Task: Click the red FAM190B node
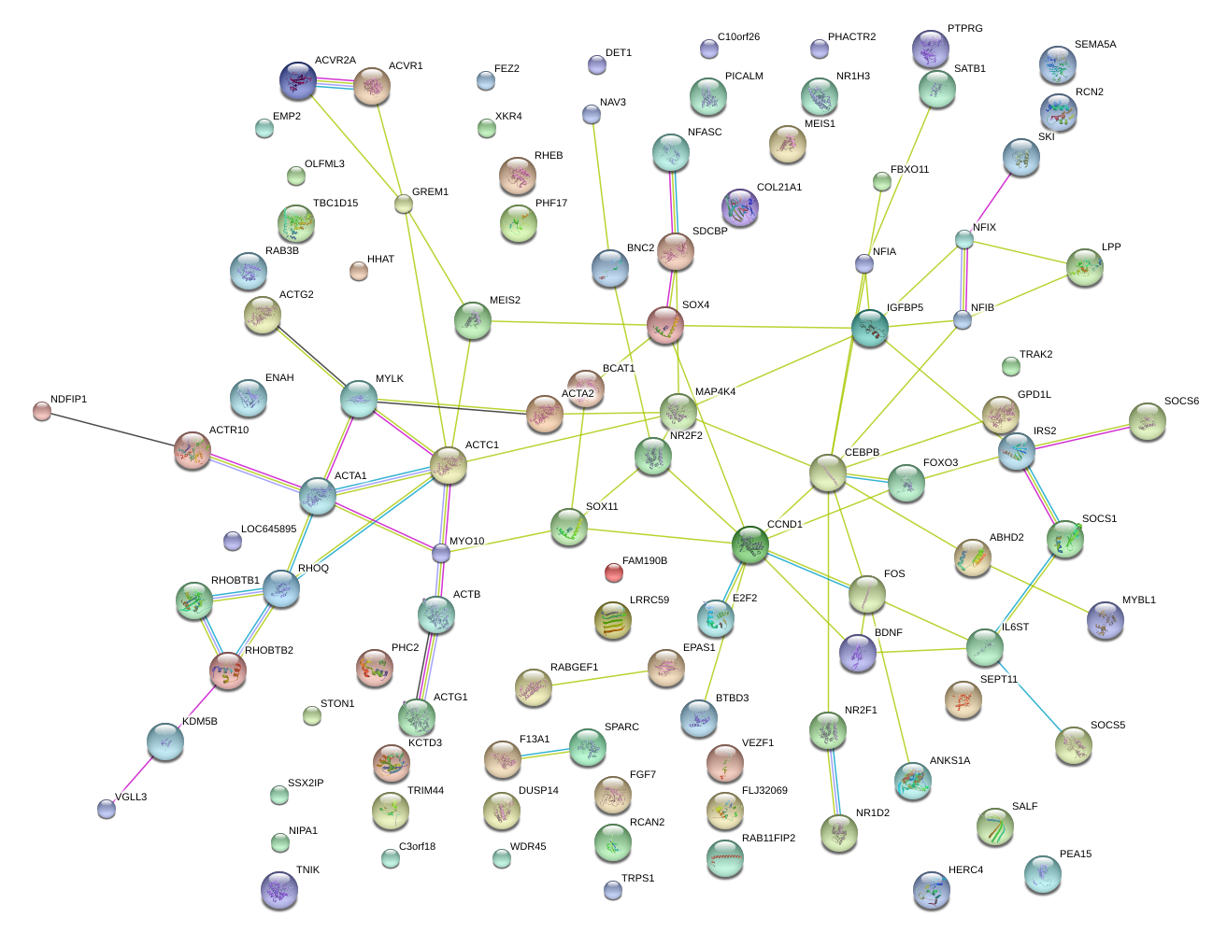coord(613,572)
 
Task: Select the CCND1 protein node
coord(750,544)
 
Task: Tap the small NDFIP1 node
coord(41,410)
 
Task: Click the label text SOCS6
coord(1181,402)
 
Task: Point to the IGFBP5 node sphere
coord(870,328)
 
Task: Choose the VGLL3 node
coord(107,809)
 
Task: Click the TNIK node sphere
coord(278,890)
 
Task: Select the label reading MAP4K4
coord(715,392)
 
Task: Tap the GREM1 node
coord(403,204)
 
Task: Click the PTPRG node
coord(930,49)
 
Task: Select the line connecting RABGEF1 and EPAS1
coord(599,679)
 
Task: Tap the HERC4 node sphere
coord(931,890)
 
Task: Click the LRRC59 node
coord(613,620)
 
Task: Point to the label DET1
coord(619,53)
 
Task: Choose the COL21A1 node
coord(740,208)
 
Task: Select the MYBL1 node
coord(1106,620)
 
